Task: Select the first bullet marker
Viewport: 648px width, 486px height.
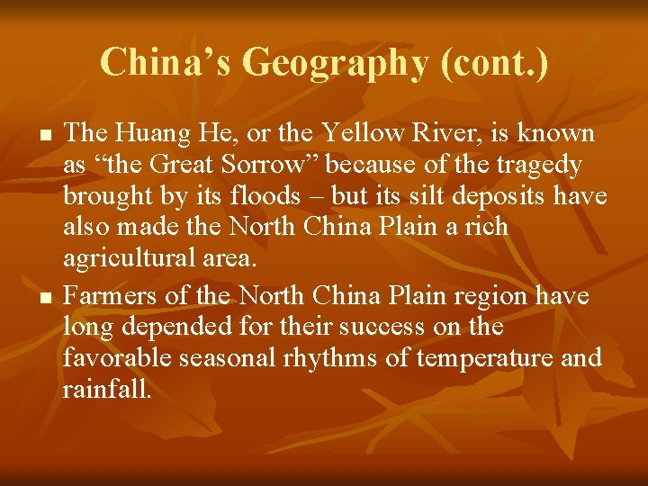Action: click(43, 136)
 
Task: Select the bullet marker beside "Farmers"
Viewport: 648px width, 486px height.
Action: click(43, 298)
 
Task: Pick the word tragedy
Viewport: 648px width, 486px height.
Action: click(536, 166)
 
